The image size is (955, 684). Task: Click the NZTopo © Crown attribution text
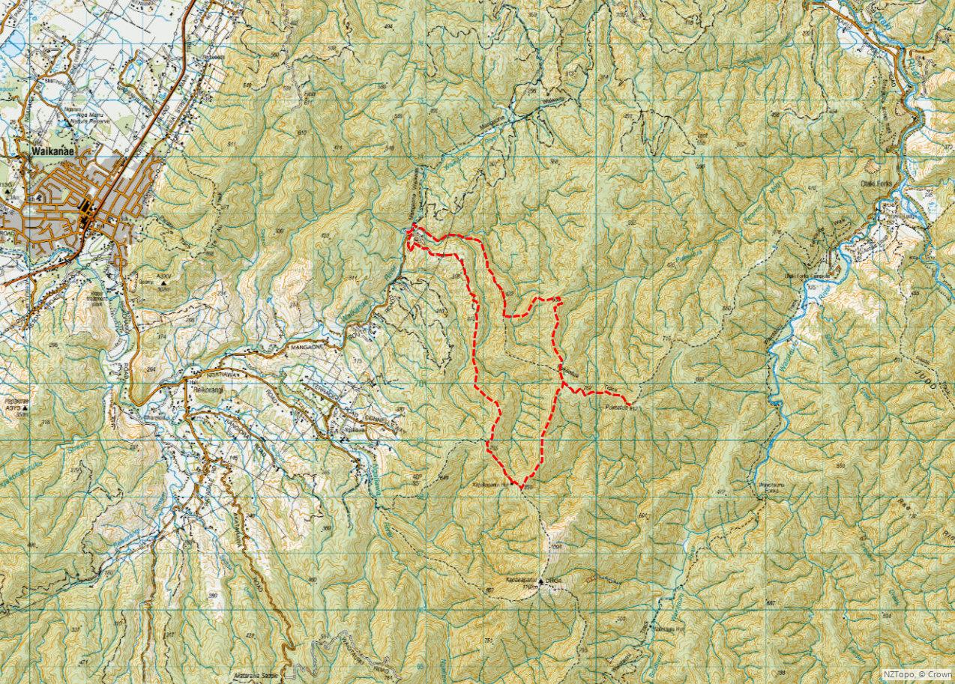pos(917,674)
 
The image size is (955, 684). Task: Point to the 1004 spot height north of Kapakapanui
pos(555,548)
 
